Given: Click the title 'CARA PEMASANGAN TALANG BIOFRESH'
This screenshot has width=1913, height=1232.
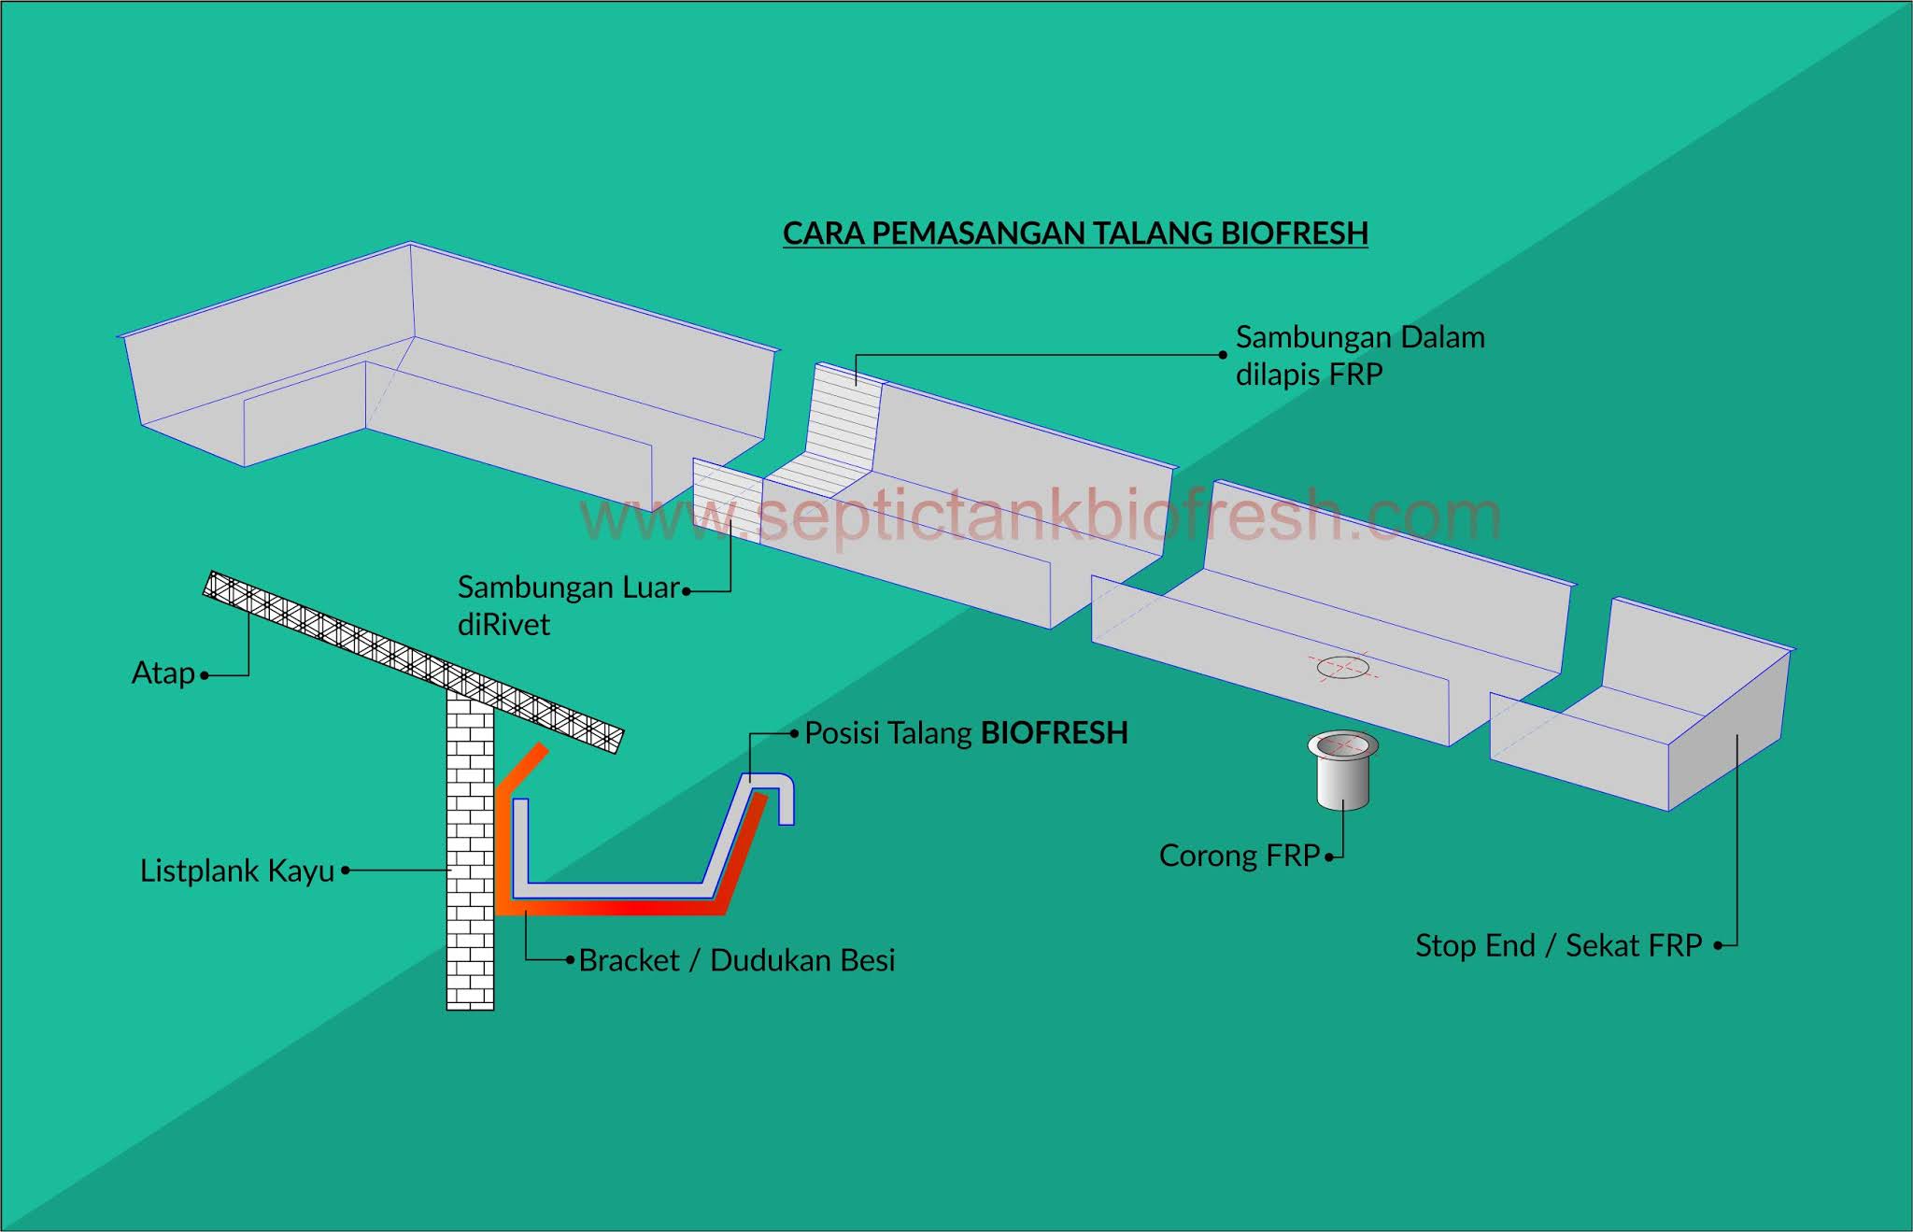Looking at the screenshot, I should pos(1075,234).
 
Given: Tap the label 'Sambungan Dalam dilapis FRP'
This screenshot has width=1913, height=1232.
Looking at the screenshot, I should pos(1359,355).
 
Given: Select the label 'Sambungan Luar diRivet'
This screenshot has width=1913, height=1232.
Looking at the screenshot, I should pos(568,605).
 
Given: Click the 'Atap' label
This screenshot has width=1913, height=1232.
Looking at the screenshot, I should pos(163,673).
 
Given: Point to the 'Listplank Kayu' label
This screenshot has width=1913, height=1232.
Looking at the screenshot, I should pos(237,871).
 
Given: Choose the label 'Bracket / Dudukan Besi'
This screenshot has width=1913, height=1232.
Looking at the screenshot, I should pos(737,960).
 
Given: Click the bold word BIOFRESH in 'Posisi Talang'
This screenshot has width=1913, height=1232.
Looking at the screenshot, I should pos(1055,733).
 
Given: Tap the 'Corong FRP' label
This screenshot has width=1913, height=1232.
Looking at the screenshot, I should pos(1239,856).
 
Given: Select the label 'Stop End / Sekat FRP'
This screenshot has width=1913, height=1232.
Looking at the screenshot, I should pos(1558,945).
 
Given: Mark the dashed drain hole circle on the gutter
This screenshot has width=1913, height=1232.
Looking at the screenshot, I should pos(1343,667).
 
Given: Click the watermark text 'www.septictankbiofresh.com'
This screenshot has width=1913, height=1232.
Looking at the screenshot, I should pos(1039,517).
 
